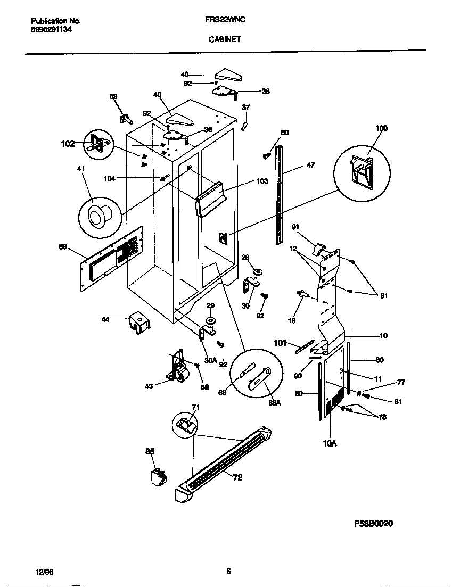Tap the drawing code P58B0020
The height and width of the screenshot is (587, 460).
pos(373,524)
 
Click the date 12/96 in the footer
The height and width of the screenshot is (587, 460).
pos(45,572)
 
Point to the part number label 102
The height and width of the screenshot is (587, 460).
pos(68,143)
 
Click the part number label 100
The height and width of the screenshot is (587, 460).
pos(381,128)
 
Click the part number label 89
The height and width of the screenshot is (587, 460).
pos(63,246)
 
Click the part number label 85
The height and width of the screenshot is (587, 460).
pos(150,452)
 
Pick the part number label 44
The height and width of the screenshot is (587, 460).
pos(105,320)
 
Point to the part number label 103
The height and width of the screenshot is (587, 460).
pos(262,181)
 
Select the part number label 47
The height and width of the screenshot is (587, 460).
pos(310,166)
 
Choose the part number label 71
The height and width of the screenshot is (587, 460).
pos(195,408)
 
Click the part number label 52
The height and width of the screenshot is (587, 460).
pos(113,96)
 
